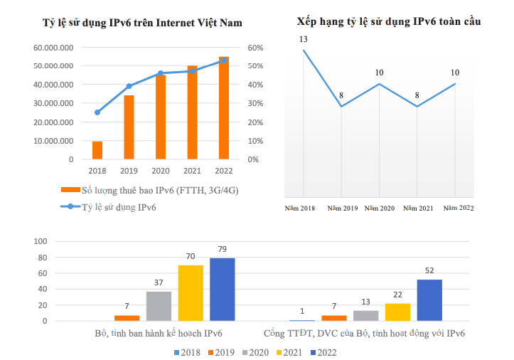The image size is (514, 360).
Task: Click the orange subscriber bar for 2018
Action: (x=97, y=150)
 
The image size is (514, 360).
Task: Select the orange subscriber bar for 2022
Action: (x=224, y=108)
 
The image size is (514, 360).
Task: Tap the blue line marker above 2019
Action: (x=129, y=86)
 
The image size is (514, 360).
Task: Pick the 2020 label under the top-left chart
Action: (x=161, y=171)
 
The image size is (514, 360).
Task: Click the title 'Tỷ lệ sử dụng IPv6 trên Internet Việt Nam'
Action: (x=143, y=23)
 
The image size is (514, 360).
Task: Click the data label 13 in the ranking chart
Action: (x=304, y=38)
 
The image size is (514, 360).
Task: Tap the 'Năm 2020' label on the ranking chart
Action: (x=379, y=208)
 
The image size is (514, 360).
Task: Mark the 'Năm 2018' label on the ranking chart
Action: (x=300, y=208)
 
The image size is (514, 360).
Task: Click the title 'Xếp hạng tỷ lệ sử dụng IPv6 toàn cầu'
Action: (x=389, y=22)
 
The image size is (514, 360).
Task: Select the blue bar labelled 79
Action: (x=222, y=290)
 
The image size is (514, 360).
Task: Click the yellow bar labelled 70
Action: (x=191, y=293)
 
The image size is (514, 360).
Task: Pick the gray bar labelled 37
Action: (x=159, y=306)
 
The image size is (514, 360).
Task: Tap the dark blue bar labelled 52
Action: (x=429, y=300)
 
